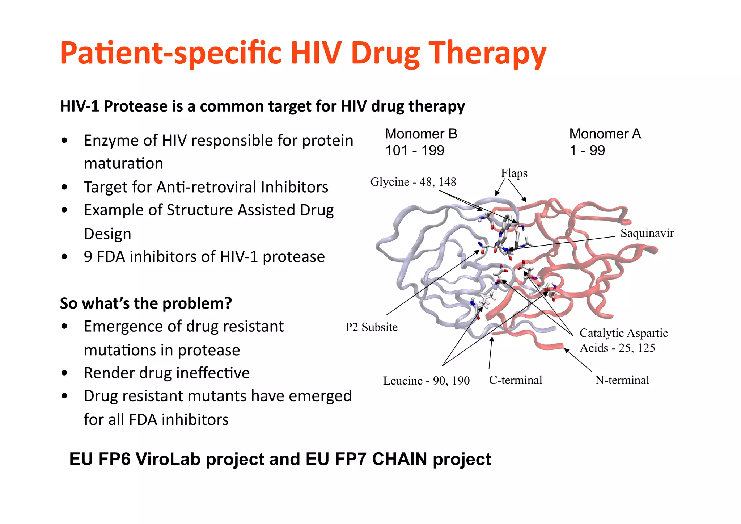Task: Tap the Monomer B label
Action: [x=421, y=134]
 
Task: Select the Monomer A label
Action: [x=605, y=134]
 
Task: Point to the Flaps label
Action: [x=514, y=173]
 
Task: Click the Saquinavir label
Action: [x=647, y=233]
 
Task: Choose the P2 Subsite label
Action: [x=371, y=327]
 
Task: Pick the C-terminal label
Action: [x=516, y=380]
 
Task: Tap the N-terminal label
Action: [x=622, y=380]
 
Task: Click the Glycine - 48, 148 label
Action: [x=413, y=182]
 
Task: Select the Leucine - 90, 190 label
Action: [x=426, y=381]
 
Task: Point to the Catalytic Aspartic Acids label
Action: [x=623, y=340]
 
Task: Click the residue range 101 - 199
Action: [x=415, y=151]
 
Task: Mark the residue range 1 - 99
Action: [x=587, y=151]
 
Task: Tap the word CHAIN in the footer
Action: [x=399, y=459]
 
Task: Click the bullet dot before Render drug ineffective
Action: [x=64, y=373]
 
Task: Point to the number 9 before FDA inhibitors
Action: [x=88, y=257]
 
